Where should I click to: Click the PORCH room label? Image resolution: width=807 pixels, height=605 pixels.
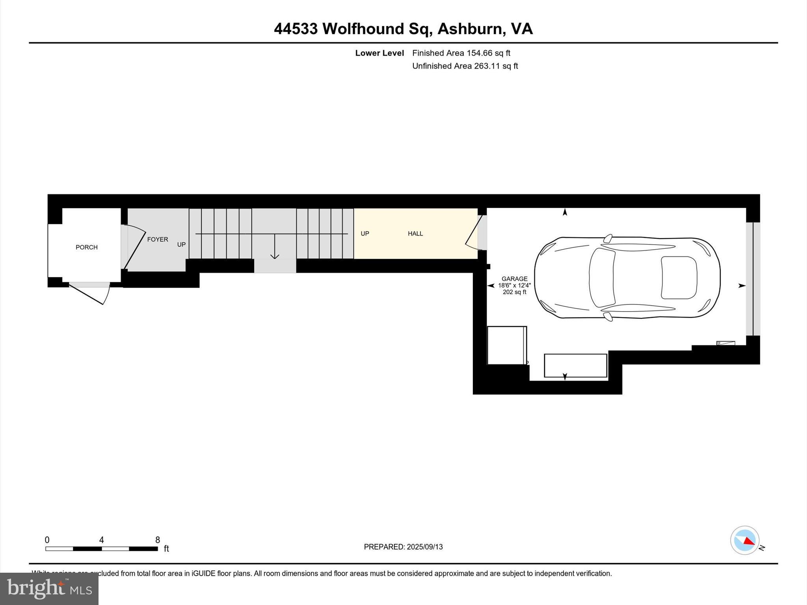click(86, 247)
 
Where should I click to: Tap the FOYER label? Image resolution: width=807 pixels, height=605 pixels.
click(158, 239)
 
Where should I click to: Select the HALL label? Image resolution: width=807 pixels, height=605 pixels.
click(415, 234)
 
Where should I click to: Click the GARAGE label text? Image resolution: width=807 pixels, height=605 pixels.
click(514, 279)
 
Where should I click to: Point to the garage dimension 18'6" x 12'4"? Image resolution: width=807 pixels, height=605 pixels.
click(514, 286)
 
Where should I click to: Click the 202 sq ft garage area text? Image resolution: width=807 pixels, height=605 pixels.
click(514, 292)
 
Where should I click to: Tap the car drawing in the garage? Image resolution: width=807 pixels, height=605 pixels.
click(627, 277)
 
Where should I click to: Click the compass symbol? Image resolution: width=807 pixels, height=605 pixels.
click(745, 540)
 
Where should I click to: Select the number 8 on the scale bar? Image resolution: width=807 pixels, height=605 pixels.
click(158, 540)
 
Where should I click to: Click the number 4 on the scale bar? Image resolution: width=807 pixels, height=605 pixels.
click(101, 540)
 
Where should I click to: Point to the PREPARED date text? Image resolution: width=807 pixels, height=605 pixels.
click(403, 547)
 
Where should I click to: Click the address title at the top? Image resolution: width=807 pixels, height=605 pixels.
click(403, 29)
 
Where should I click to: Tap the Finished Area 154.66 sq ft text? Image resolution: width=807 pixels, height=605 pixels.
click(461, 53)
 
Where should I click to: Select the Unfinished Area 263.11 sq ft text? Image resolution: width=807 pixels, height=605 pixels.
click(465, 66)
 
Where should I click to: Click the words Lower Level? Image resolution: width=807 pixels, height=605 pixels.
click(379, 53)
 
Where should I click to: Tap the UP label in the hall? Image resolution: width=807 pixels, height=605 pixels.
click(365, 234)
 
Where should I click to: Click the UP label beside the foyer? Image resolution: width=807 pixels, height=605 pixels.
click(181, 245)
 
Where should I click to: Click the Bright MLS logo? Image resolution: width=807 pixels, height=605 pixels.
click(49, 588)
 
